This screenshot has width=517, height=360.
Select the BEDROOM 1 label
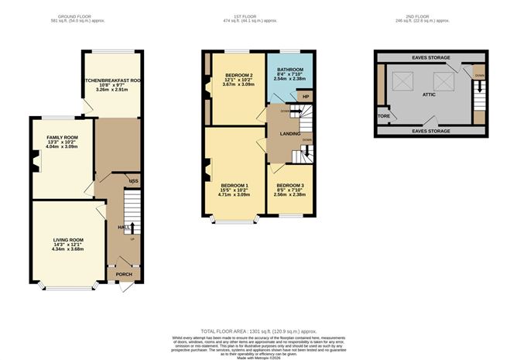point(235,186)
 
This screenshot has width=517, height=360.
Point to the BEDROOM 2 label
point(217,75)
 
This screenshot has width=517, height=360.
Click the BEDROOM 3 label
point(290,186)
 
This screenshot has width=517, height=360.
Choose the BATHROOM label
point(290,69)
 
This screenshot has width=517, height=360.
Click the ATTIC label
point(430,94)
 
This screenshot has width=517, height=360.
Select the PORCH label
point(123,274)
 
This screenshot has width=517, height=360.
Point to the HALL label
point(122,227)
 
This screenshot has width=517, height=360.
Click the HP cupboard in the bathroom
point(304,96)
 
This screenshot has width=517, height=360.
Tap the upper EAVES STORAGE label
point(429,57)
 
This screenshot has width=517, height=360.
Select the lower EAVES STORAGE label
point(429,132)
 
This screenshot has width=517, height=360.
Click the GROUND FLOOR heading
point(76,15)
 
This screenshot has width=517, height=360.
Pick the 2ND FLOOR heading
point(430,15)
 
